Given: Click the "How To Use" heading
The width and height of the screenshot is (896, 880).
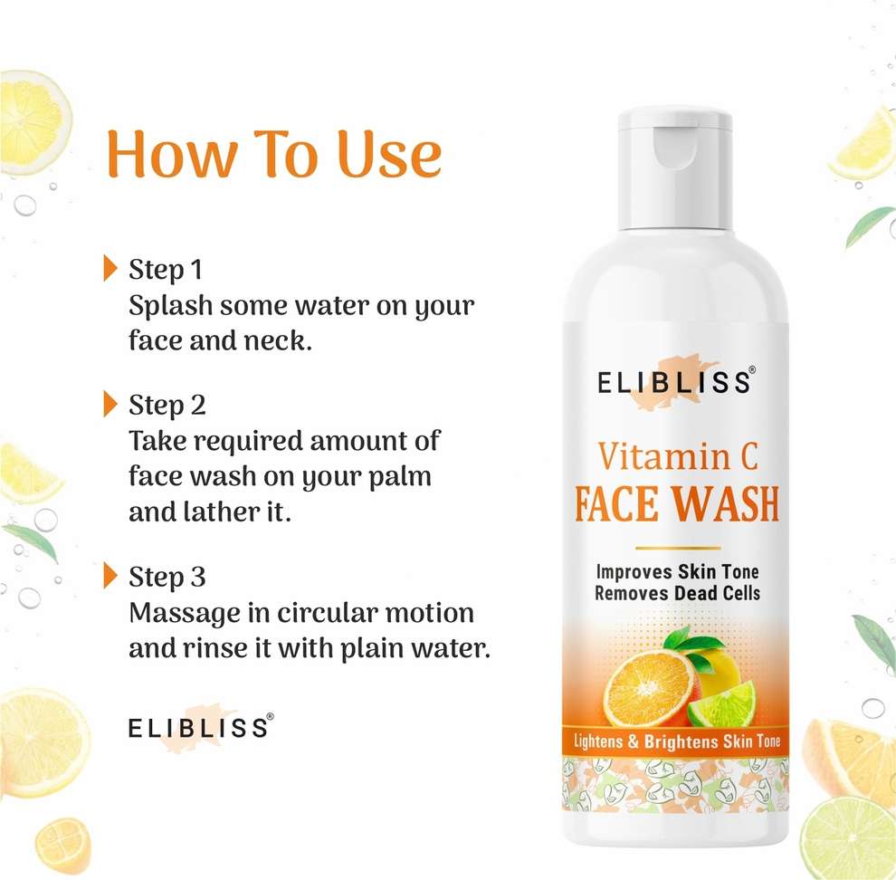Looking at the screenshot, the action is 274,153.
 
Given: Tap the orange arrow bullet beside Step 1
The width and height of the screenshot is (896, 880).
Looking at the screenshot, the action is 110,268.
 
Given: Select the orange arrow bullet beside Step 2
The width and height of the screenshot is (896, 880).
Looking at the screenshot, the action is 110,404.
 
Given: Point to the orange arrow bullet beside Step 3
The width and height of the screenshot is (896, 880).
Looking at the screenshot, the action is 110,575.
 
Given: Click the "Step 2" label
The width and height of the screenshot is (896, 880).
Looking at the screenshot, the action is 167,406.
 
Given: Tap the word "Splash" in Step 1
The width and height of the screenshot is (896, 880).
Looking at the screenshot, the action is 170,306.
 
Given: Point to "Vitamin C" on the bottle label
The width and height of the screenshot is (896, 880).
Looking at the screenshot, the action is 678,457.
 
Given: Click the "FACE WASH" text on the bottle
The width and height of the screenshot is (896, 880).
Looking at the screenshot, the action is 677,503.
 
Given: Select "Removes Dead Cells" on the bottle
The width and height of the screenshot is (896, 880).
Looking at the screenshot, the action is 677,593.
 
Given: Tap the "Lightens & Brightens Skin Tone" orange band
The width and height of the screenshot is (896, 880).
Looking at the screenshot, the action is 677,741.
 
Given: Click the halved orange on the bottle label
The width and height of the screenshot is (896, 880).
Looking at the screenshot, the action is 649,689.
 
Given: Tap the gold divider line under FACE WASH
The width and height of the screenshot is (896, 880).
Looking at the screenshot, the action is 678,548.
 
